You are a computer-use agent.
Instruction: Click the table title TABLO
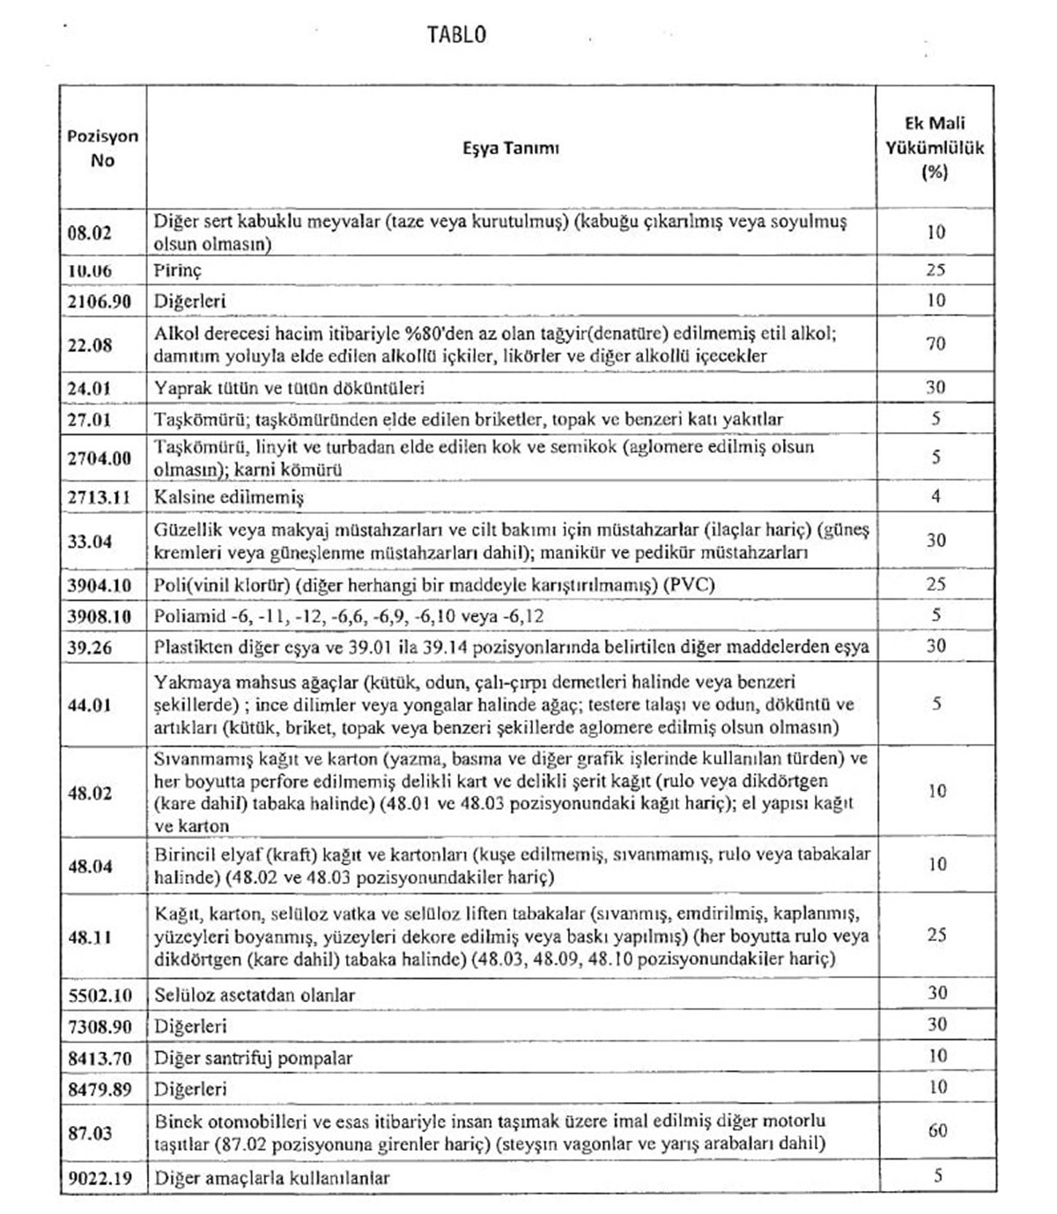[x=456, y=34]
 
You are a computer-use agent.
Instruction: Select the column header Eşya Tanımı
[x=510, y=148]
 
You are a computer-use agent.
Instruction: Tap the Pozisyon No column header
[x=102, y=148]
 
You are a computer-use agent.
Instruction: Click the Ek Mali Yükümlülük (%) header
[x=935, y=147]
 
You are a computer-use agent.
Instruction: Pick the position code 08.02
[x=90, y=232]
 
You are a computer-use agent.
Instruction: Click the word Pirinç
[x=178, y=270]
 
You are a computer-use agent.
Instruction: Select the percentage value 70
[x=935, y=343]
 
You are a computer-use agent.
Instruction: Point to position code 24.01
[x=90, y=388]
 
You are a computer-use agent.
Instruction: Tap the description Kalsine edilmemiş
[x=229, y=497]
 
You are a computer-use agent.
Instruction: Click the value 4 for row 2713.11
[x=935, y=497]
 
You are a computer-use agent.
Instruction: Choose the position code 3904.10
[x=99, y=585]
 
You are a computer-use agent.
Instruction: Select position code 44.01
[x=90, y=704]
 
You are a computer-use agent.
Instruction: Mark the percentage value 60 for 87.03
[x=936, y=1130]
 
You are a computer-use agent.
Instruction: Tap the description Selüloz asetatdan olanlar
[x=255, y=995]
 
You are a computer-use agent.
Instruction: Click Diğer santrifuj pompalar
[x=253, y=1058]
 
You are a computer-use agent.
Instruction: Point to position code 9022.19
[x=99, y=1178]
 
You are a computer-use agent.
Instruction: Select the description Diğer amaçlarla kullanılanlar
[x=272, y=1178]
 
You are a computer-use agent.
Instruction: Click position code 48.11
[x=90, y=937]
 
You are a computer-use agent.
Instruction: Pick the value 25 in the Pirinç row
[x=935, y=269]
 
